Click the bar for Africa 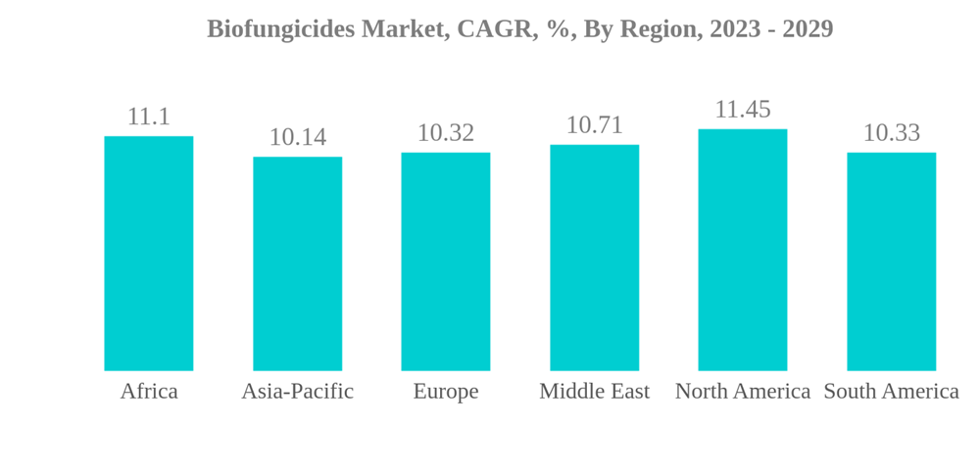pyautogui.click(x=149, y=254)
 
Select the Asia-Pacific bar pyautogui.click(x=298, y=263)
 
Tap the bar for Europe pyautogui.click(x=446, y=261)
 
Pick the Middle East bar pyautogui.click(x=595, y=258)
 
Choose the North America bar pyautogui.click(x=743, y=250)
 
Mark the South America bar pyautogui.click(x=892, y=261)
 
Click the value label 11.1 pyautogui.click(x=149, y=117)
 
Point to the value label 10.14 pyautogui.click(x=298, y=137)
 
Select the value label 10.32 pyautogui.click(x=446, y=133)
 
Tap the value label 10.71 pyautogui.click(x=595, y=125)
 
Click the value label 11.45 pyautogui.click(x=743, y=110)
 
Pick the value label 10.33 pyautogui.click(x=892, y=133)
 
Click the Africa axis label pyautogui.click(x=149, y=392)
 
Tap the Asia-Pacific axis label pyautogui.click(x=298, y=392)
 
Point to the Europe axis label pyautogui.click(x=446, y=392)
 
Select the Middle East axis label pyautogui.click(x=595, y=392)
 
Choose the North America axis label pyautogui.click(x=743, y=392)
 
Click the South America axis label pyautogui.click(x=892, y=392)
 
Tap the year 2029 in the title pyautogui.click(x=807, y=29)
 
